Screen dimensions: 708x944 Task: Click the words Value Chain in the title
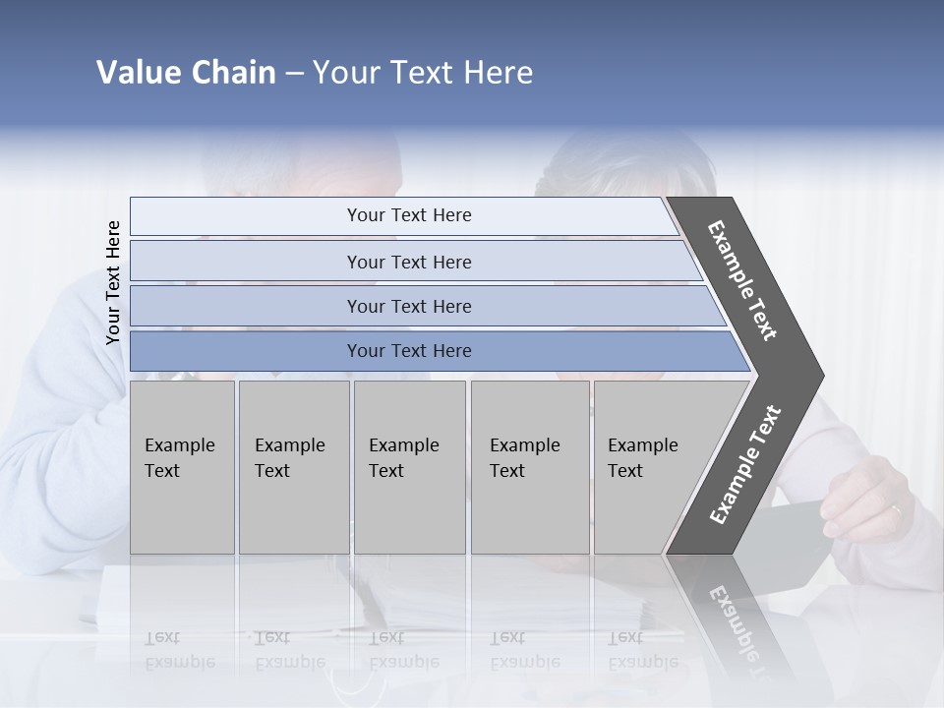pos(186,73)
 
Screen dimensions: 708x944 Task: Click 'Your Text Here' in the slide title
pos(423,73)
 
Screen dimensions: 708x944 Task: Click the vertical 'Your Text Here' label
pos(113,283)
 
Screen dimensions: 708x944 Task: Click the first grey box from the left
pos(182,467)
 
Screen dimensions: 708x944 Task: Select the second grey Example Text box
pos(293,467)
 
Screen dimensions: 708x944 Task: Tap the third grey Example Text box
pos(409,467)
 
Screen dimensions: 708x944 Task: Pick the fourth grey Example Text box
pos(530,467)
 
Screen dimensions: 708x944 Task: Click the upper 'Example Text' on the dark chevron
pos(742,280)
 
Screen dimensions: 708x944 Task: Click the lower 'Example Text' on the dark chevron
pos(744,465)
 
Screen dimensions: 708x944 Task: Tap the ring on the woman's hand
pos(895,509)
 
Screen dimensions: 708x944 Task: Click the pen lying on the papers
pos(364,600)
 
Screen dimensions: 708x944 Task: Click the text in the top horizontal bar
pos(409,215)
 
